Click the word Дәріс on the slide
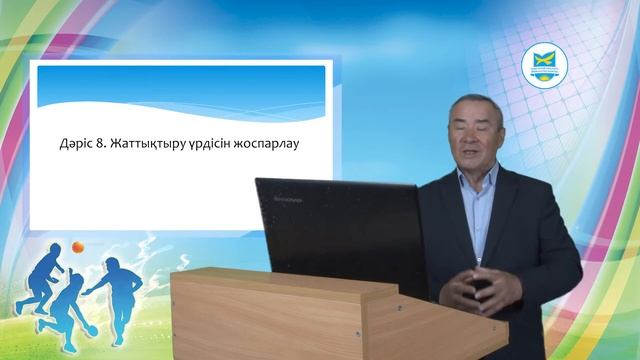(77, 145)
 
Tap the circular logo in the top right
(546, 67)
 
